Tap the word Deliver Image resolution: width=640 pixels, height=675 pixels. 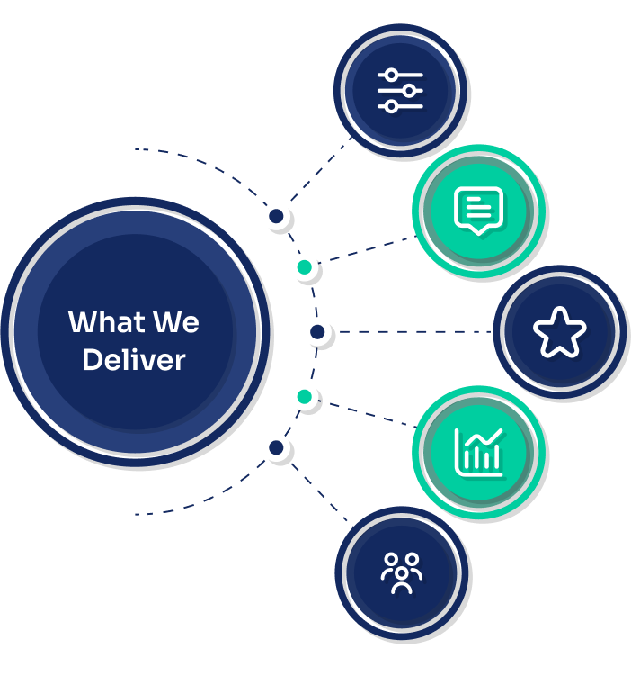tap(134, 360)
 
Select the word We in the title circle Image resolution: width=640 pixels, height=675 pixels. tap(176, 321)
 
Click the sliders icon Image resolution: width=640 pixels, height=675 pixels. tap(400, 91)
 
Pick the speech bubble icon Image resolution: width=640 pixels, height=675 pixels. tap(478, 211)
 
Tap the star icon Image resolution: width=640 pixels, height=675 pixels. tap(559, 332)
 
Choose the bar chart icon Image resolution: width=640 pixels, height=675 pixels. tap(478, 453)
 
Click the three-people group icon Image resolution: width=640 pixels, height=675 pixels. tap(402, 573)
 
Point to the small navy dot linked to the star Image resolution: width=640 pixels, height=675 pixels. tap(317, 332)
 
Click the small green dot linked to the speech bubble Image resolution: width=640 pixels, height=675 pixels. tap(305, 267)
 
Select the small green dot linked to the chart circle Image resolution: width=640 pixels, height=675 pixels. tap(305, 396)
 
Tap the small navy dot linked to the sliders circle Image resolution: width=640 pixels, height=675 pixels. tap(276, 216)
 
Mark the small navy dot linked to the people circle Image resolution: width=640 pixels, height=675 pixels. tap(276, 447)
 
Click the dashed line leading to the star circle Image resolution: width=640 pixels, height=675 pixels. tap(414, 332)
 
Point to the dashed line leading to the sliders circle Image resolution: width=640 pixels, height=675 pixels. tap(321, 169)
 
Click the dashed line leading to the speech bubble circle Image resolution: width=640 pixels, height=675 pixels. tap(368, 248)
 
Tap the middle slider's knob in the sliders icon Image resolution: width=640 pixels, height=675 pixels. tap(409, 91)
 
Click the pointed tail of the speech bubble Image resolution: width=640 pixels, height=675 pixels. tap(478, 231)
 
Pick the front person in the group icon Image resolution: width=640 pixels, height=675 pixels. tap(402, 581)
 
